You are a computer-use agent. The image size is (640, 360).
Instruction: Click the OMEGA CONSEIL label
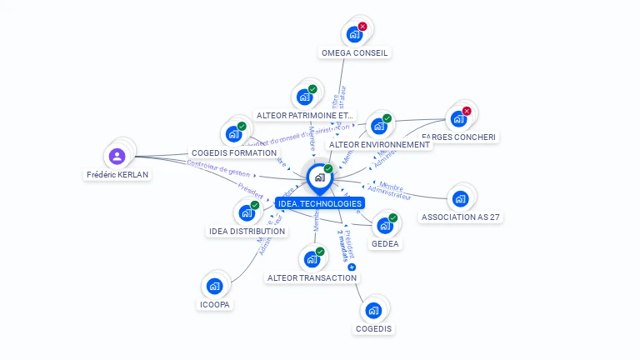pyautogui.click(x=355, y=52)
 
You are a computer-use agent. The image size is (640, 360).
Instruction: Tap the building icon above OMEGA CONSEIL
pyautogui.click(x=354, y=34)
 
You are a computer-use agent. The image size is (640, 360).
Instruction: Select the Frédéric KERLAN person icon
pyautogui.click(x=117, y=156)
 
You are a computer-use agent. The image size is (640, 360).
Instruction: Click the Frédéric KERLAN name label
pyautogui.click(x=117, y=175)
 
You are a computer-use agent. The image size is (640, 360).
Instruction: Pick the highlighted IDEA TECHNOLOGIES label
pyautogui.click(x=320, y=203)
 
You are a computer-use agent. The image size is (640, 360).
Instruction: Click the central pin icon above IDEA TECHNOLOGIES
pyautogui.click(x=319, y=177)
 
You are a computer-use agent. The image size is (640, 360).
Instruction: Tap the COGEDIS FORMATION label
pyautogui.click(x=233, y=153)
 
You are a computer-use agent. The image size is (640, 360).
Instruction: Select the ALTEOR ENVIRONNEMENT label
pyautogui.click(x=379, y=144)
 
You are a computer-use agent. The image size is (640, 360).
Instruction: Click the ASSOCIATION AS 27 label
pyautogui.click(x=462, y=217)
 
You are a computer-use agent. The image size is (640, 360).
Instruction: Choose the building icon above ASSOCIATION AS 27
pyautogui.click(x=459, y=199)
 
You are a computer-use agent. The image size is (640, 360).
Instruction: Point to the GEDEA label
pyautogui.click(x=385, y=244)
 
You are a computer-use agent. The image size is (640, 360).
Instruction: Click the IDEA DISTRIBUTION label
pyautogui.click(x=247, y=231)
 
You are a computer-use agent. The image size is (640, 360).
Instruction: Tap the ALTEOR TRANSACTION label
pyautogui.click(x=312, y=277)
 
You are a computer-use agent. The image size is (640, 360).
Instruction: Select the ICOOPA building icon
pyautogui.click(x=214, y=287)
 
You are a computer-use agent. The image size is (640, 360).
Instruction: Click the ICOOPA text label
pyautogui.click(x=214, y=305)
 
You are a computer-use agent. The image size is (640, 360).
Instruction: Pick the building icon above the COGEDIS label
pyautogui.click(x=373, y=311)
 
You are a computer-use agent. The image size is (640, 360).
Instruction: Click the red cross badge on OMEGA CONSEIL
pyautogui.click(x=362, y=27)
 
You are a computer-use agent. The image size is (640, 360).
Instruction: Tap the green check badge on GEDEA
pyautogui.click(x=392, y=218)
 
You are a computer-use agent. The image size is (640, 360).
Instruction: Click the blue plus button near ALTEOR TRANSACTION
pyautogui.click(x=352, y=267)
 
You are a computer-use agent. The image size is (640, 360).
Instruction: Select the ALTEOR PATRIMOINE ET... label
pyautogui.click(x=305, y=115)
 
